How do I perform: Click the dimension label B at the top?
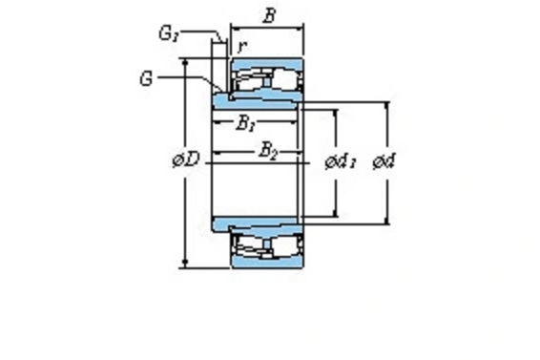pyautogui.click(x=269, y=15)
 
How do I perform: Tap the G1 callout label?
pyautogui.click(x=169, y=33)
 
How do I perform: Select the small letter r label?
pyautogui.click(x=242, y=46)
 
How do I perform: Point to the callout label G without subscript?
pyautogui.click(x=146, y=78)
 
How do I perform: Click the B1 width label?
pyautogui.click(x=245, y=123)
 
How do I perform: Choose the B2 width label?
pyautogui.click(x=267, y=151)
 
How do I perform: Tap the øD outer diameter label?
pyautogui.click(x=186, y=159)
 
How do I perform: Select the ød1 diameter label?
pyautogui.click(x=341, y=161)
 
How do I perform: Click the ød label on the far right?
pyautogui.click(x=384, y=161)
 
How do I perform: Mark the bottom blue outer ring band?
pyautogui.click(x=267, y=262)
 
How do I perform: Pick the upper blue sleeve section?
pyautogui.click(x=257, y=99)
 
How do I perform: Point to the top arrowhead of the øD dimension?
pyautogui.click(x=186, y=62)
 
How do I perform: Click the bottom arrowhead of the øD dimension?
pyautogui.click(x=186, y=264)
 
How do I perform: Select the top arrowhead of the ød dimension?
pyautogui.click(x=387, y=105)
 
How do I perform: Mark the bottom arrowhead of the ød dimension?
pyautogui.click(x=387, y=221)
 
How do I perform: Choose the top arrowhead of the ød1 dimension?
pyautogui.click(x=335, y=113)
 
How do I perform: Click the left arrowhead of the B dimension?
pyautogui.click(x=234, y=28)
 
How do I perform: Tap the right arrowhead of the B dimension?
pyautogui.click(x=300, y=28)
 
